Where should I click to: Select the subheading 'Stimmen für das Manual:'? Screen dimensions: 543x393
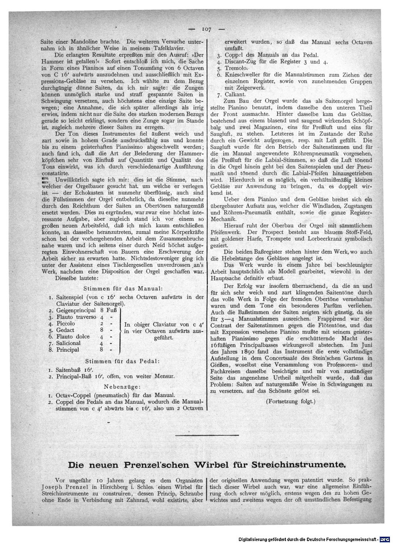[x=121, y=288]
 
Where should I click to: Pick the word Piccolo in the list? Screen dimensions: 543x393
[x=66, y=324]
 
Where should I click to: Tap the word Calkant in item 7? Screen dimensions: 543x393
[x=235, y=95]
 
